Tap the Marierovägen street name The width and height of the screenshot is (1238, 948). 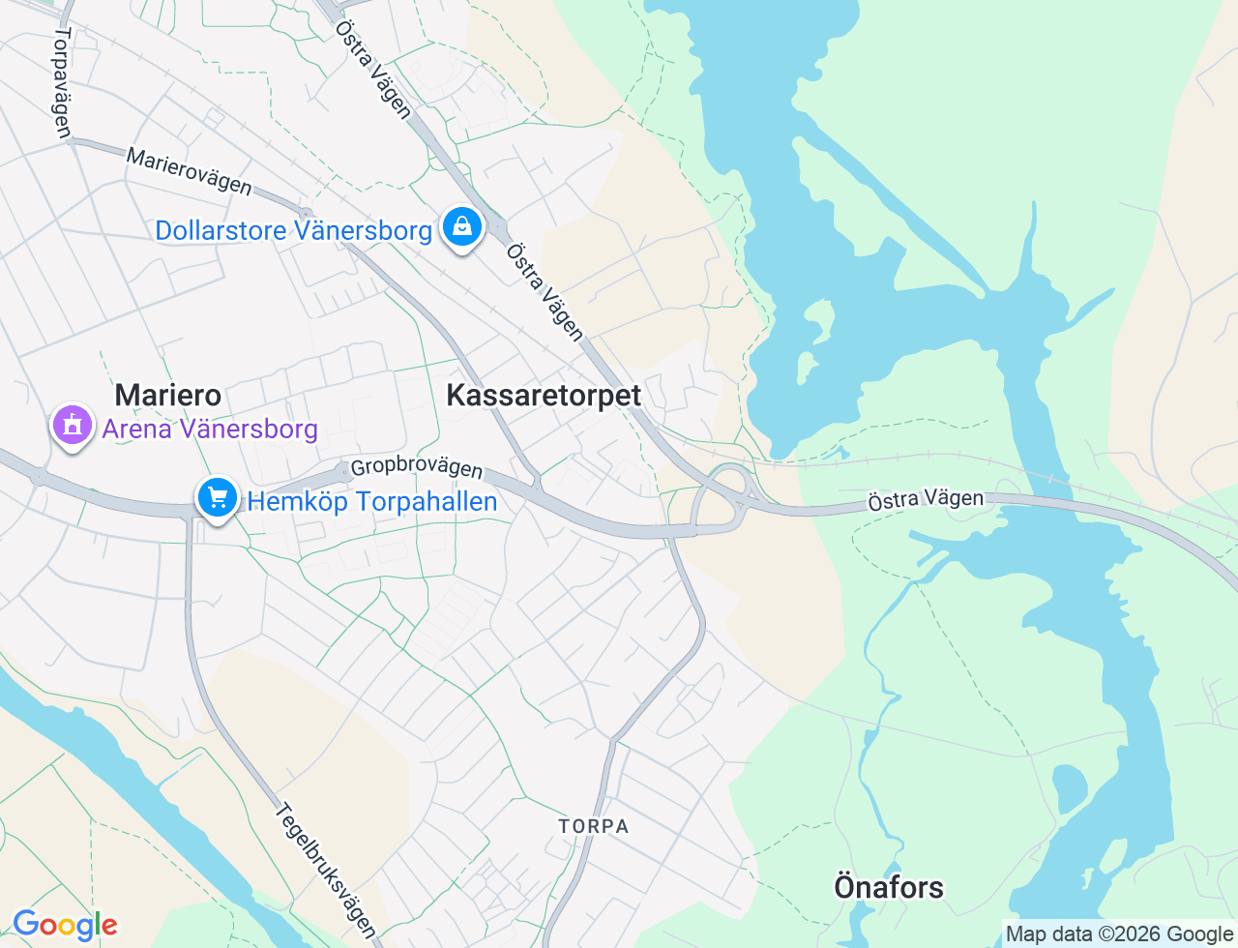[190, 171]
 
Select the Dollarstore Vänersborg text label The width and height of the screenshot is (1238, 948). [293, 231]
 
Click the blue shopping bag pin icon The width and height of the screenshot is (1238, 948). [461, 226]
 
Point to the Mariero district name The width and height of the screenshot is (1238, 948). [168, 395]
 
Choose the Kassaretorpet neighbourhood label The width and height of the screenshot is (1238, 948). [544, 395]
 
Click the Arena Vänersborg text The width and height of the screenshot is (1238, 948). [210, 429]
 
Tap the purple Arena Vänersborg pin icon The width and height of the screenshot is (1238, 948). [73, 425]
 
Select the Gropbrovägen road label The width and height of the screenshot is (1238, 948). [416, 468]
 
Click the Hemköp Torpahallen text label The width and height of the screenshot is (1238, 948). [372, 501]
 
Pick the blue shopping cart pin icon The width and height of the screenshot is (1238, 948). [218, 498]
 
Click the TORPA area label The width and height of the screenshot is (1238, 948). [594, 826]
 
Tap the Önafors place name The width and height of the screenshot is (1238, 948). [889, 887]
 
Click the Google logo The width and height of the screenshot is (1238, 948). [65, 925]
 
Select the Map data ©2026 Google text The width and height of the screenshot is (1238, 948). [1120, 933]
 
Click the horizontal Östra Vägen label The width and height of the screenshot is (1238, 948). [926, 499]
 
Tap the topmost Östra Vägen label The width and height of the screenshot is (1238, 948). [373, 70]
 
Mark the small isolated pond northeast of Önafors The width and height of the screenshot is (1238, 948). [1069, 788]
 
